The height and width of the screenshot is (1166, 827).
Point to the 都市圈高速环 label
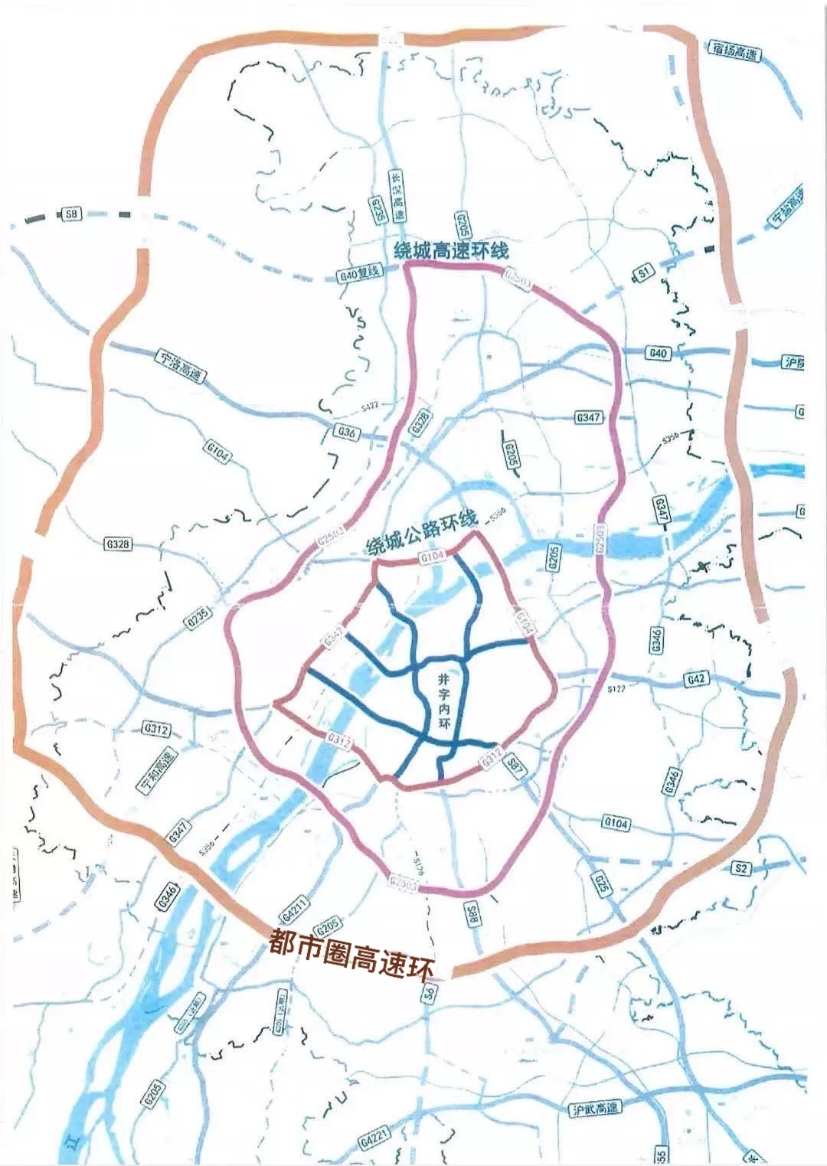[351, 954]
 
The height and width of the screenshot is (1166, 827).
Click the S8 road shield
[71, 214]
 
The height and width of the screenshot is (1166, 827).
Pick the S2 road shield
[741, 867]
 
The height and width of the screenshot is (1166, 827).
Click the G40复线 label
[359, 273]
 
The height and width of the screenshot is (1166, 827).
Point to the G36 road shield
[348, 433]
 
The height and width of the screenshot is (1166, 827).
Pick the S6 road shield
[429, 994]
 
